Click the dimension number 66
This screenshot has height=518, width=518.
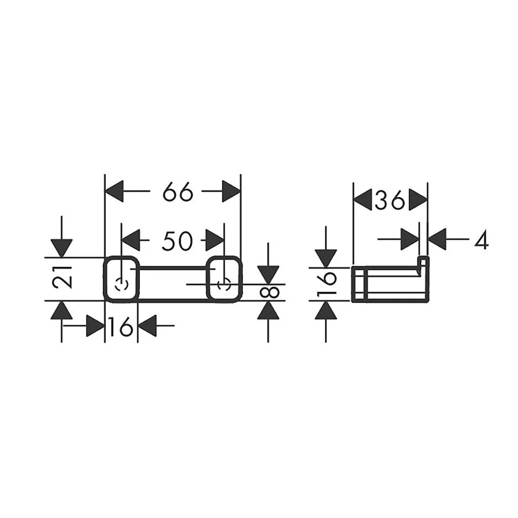[x=178, y=192]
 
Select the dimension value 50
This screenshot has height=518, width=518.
[x=177, y=240]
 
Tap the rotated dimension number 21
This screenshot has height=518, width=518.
[x=63, y=277]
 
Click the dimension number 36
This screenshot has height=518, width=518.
[x=390, y=200]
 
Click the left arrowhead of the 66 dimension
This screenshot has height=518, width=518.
[x=114, y=191]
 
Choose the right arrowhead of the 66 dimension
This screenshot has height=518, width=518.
[x=231, y=191]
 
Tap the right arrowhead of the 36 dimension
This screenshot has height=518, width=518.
[x=418, y=199]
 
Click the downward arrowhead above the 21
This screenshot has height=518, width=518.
[x=62, y=248]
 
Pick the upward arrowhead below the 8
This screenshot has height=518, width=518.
[x=268, y=310]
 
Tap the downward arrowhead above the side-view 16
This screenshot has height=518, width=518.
[x=326, y=258]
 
